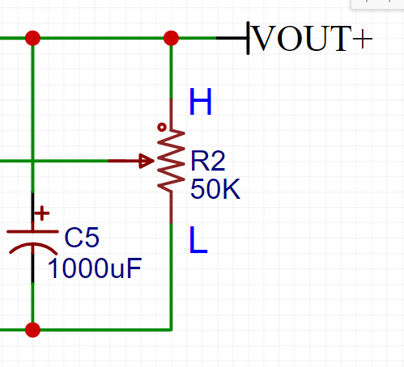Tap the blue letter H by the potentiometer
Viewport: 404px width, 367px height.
(200, 103)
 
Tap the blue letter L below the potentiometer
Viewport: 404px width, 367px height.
(198, 240)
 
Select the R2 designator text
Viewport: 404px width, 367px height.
(207, 162)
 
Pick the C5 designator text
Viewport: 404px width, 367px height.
(82, 238)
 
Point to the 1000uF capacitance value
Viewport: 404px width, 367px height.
(95, 268)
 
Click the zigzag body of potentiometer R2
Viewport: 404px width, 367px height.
(172, 159)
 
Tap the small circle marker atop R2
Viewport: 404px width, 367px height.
(163, 127)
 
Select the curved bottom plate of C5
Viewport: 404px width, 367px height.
(32, 247)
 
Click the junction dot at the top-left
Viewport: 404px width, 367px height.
(32, 38)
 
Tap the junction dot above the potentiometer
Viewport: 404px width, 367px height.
(171, 38)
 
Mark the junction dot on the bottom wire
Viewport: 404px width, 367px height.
(32, 330)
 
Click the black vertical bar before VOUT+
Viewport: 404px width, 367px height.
(249, 38)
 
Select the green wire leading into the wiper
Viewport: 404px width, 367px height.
(57, 161)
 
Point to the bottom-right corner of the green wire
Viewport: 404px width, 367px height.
(171, 330)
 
